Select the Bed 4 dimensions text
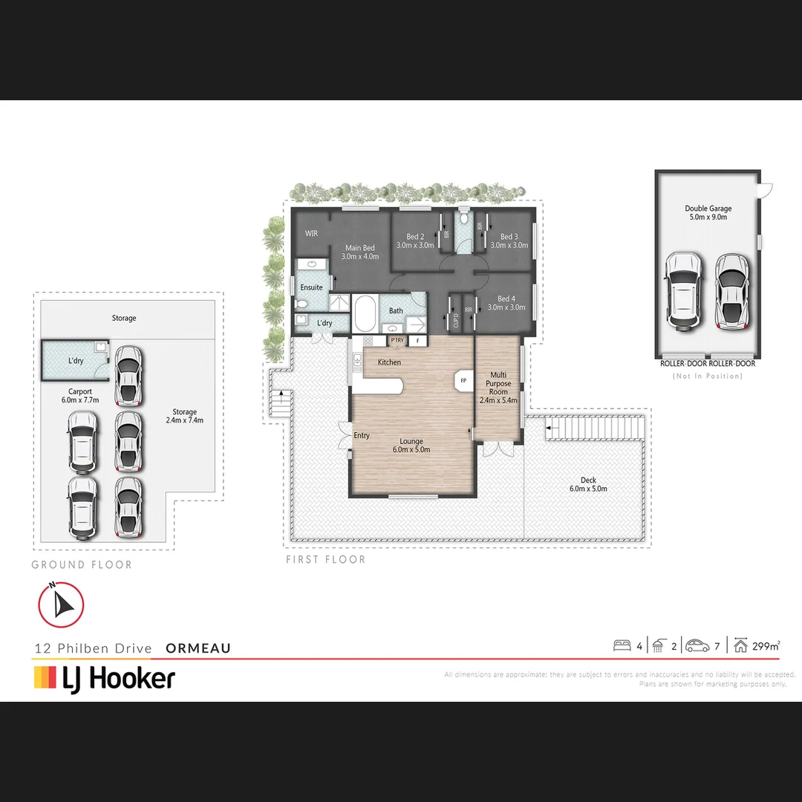coord(506,307)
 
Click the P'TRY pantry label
coord(397,341)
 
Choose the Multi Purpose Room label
coord(498,383)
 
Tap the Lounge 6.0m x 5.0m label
coord(411,446)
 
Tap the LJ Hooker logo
coord(105,678)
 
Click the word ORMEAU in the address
coord(198,648)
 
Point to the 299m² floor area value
coord(766,646)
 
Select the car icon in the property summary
coord(697,645)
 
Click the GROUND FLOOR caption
coord(82,565)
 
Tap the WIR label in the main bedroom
coord(311,233)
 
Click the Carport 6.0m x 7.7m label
coord(79,396)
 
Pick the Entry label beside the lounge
coord(362,436)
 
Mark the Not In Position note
coord(707,376)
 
